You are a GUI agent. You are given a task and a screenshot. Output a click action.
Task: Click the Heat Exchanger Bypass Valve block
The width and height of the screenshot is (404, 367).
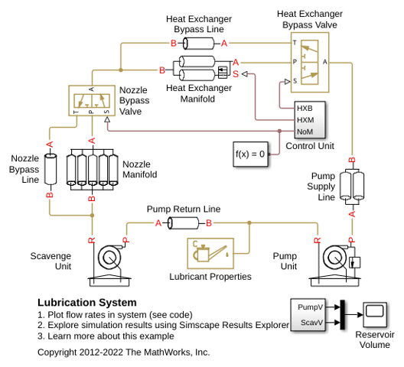point(310,63)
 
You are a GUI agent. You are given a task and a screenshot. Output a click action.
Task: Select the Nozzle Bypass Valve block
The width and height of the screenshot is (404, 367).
point(92,100)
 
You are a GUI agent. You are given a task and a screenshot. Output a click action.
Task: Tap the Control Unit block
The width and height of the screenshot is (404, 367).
point(310,120)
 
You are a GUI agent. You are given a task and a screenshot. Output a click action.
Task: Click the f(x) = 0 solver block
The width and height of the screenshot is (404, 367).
point(250,154)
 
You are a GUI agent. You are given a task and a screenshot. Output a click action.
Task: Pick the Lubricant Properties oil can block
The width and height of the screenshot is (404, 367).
point(210,253)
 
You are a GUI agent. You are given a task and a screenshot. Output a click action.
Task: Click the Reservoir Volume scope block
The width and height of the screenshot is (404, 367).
point(375,314)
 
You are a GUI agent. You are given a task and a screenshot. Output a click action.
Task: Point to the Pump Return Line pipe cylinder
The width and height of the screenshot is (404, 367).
point(184,223)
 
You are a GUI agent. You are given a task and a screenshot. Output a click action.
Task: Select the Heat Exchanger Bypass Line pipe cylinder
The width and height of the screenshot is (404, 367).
point(199,44)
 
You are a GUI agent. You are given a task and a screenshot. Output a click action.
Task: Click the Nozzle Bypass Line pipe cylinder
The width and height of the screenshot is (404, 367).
point(50,169)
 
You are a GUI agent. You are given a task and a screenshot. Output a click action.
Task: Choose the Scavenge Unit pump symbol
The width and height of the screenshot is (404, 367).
point(109,265)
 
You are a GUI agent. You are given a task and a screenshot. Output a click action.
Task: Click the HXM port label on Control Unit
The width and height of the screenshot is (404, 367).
point(305,120)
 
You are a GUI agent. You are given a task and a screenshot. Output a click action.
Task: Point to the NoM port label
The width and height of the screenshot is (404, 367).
point(305,132)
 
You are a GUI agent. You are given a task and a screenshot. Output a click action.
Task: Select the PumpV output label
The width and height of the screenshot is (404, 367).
point(310,307)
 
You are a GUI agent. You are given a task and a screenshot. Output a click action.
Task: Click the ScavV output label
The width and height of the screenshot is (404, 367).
point(311,322)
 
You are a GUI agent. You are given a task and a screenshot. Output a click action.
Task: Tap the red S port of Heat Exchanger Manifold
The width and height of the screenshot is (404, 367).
point(236,74)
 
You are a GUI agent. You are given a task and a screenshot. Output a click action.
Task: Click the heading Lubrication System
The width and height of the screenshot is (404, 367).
point(87,302)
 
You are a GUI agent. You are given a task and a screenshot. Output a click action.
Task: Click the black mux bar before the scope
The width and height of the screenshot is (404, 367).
point(343,314)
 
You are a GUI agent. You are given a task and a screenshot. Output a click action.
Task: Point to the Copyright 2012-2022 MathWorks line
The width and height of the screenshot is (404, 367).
point(124,352)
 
